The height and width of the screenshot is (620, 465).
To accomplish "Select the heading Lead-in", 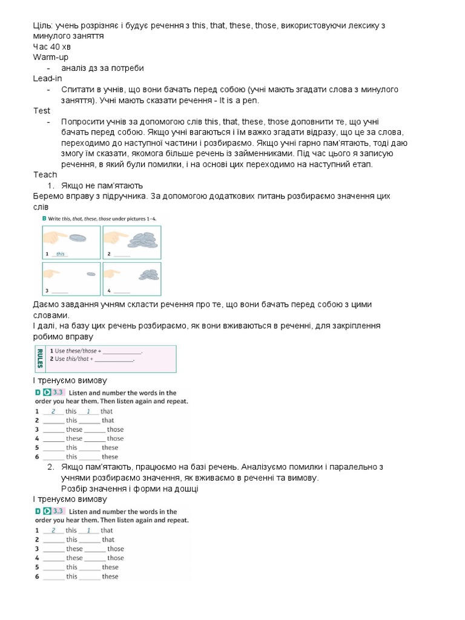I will (x=48, y=79).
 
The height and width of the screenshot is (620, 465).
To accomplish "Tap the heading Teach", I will (x=45, y=174).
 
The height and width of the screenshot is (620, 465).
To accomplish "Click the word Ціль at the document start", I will (x=42, y=25).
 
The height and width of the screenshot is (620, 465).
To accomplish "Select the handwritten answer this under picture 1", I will (x=60, y=254).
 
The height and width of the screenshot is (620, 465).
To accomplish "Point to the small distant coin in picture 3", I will (x=91, y=274).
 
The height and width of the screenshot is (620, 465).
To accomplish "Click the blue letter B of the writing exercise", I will (x=44, y=218).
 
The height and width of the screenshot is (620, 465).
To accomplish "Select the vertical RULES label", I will (x=40, y=359).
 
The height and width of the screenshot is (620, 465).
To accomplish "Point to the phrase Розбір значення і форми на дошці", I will (x=130, y=489).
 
